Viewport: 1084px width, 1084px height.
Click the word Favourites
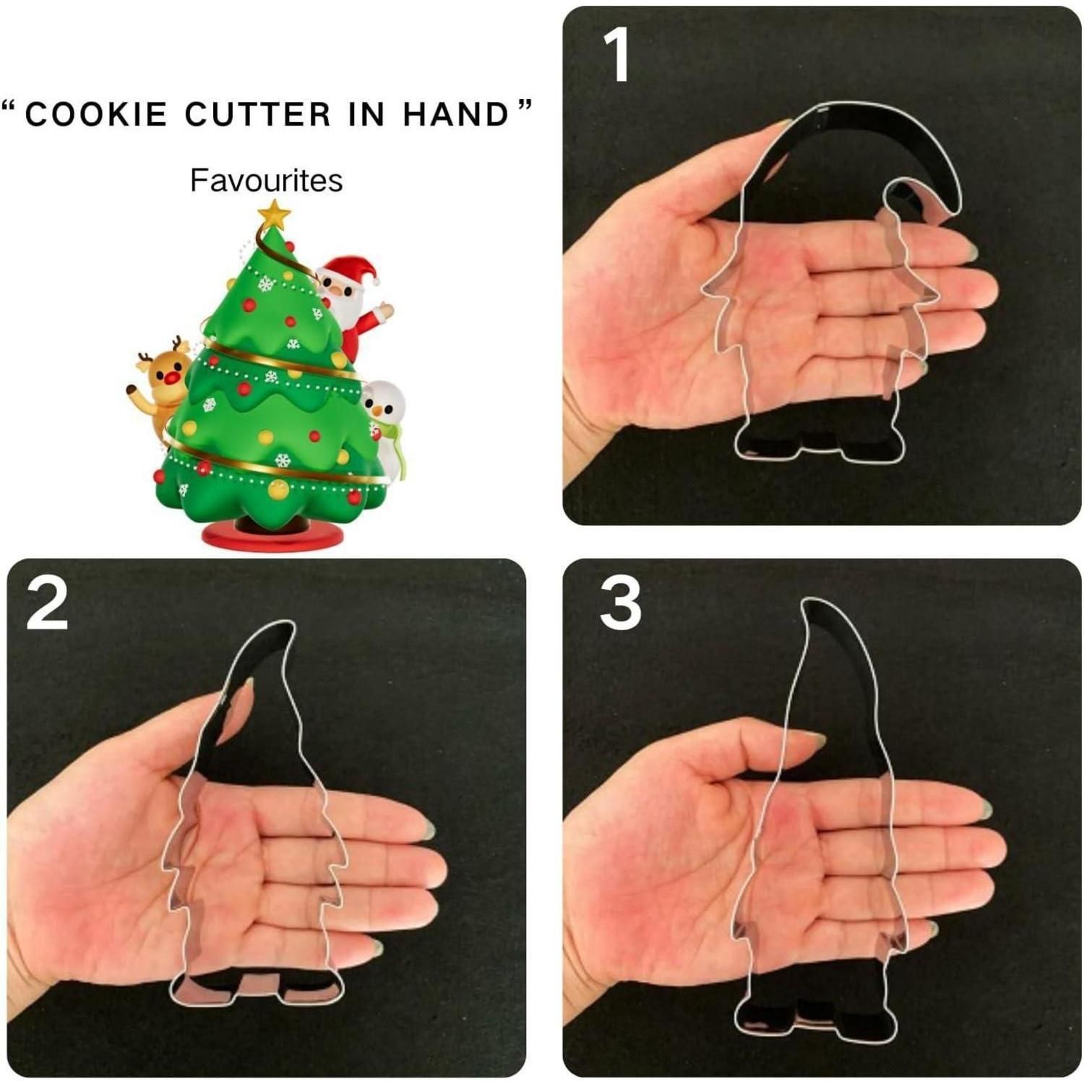[x=266, y=180]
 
